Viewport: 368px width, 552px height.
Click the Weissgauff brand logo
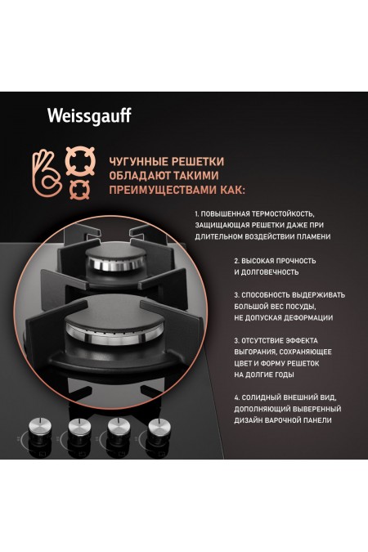pos(86,116)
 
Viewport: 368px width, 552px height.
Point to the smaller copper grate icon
pos(81,189)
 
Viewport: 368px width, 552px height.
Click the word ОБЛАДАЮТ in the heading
pos(139,176)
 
